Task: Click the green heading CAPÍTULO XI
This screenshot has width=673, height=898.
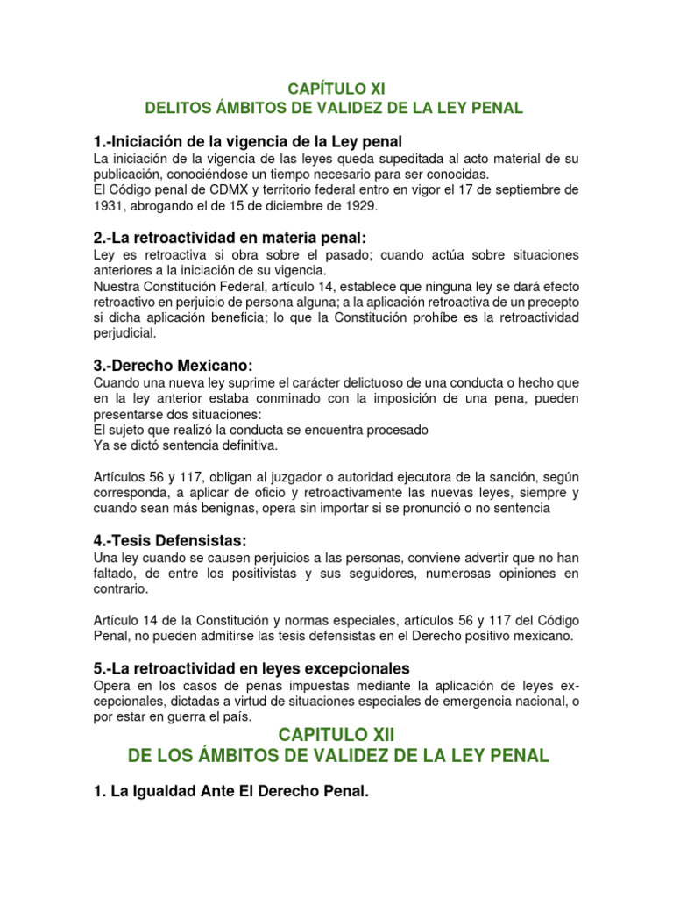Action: pyautogui.click(x=336, y=89)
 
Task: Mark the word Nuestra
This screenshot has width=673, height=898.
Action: pyautogui.click(x=118, y=286)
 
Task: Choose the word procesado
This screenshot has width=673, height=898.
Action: pyautogui.click(x=394, y=431)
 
